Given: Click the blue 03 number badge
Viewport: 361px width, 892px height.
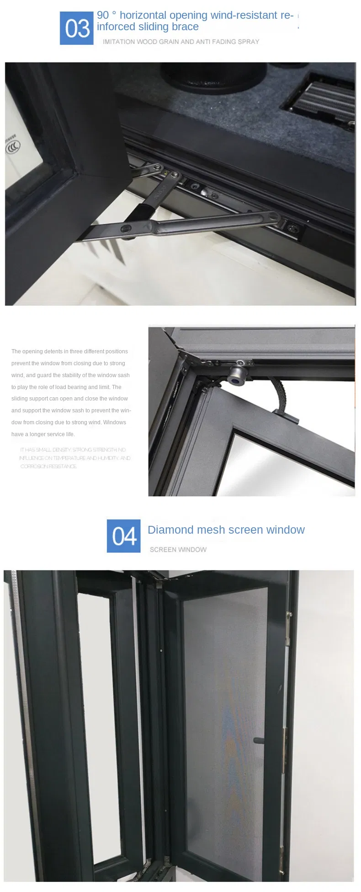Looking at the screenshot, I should tap(76, 28).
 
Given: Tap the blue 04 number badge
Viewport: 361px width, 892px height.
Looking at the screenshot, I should tap(123, 535).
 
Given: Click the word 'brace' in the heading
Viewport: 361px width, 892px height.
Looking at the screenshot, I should tap(185, 27).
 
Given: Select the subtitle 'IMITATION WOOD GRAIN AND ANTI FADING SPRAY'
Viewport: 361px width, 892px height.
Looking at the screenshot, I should tap(180, 42).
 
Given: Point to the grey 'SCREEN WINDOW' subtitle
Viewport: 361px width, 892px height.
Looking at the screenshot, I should tap(178, 549).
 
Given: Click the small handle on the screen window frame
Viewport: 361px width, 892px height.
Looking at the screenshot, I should tap(258, 740).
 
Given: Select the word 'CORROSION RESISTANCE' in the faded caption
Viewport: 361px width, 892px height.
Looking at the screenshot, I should tap(48, 466).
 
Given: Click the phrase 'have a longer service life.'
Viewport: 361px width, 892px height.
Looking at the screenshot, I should tap(43, 434).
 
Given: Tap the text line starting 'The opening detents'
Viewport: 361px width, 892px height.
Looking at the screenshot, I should tap(69, 351).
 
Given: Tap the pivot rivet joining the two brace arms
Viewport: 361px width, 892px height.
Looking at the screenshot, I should tap(124, 227).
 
